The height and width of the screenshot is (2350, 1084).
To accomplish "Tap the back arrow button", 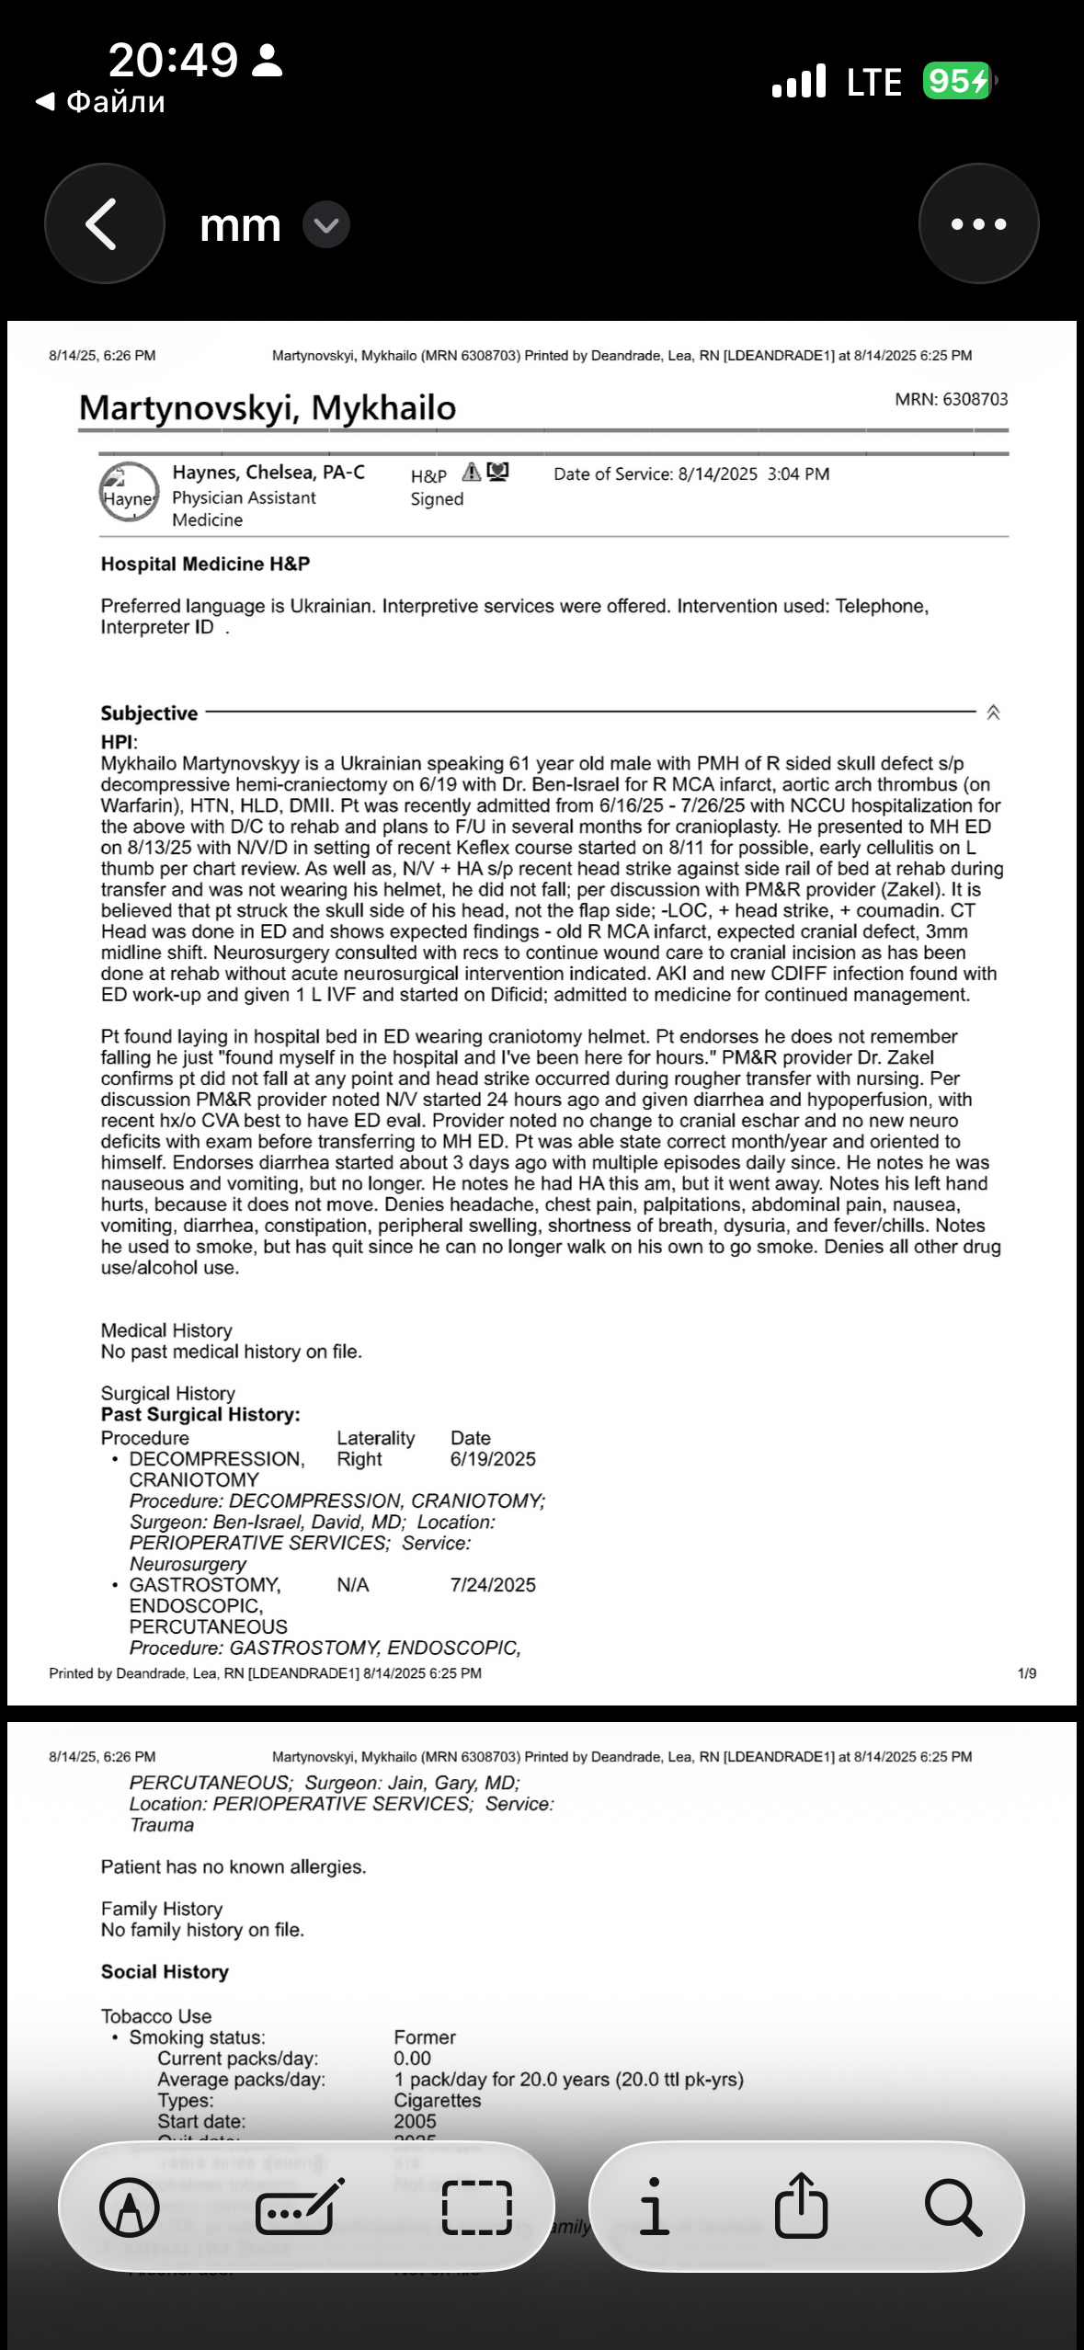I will pos(104,223).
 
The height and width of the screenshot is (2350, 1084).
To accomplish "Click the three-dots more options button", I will pos(978,223).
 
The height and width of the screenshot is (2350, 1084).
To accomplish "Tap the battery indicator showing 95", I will pos(957,82).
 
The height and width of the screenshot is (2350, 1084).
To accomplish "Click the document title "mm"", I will pos(240,225).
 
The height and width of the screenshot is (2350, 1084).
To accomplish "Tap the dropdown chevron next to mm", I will pos(326,225).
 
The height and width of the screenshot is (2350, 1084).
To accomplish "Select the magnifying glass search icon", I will pos(953,2207).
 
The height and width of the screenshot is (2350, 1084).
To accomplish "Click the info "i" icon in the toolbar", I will pos(654,2207).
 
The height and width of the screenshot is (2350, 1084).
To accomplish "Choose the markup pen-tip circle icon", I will pos(130,2207).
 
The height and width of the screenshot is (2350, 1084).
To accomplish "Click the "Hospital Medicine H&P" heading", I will pos(205,565).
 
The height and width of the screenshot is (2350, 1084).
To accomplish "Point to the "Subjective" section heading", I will pos(149,713).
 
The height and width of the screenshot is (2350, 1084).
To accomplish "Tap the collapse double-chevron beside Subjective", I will pos(993,713).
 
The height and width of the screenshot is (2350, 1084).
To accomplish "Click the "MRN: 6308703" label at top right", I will pos(951,399).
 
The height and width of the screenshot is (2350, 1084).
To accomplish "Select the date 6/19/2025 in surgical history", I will pos(493,1459).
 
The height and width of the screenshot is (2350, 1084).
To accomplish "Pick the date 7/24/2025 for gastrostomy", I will pos(493,1585).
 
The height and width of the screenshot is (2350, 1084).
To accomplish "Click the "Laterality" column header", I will pos(375,1438).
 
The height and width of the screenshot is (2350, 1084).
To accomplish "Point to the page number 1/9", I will pos(1027,1673).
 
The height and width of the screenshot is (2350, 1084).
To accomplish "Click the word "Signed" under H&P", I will pos(437,499).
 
